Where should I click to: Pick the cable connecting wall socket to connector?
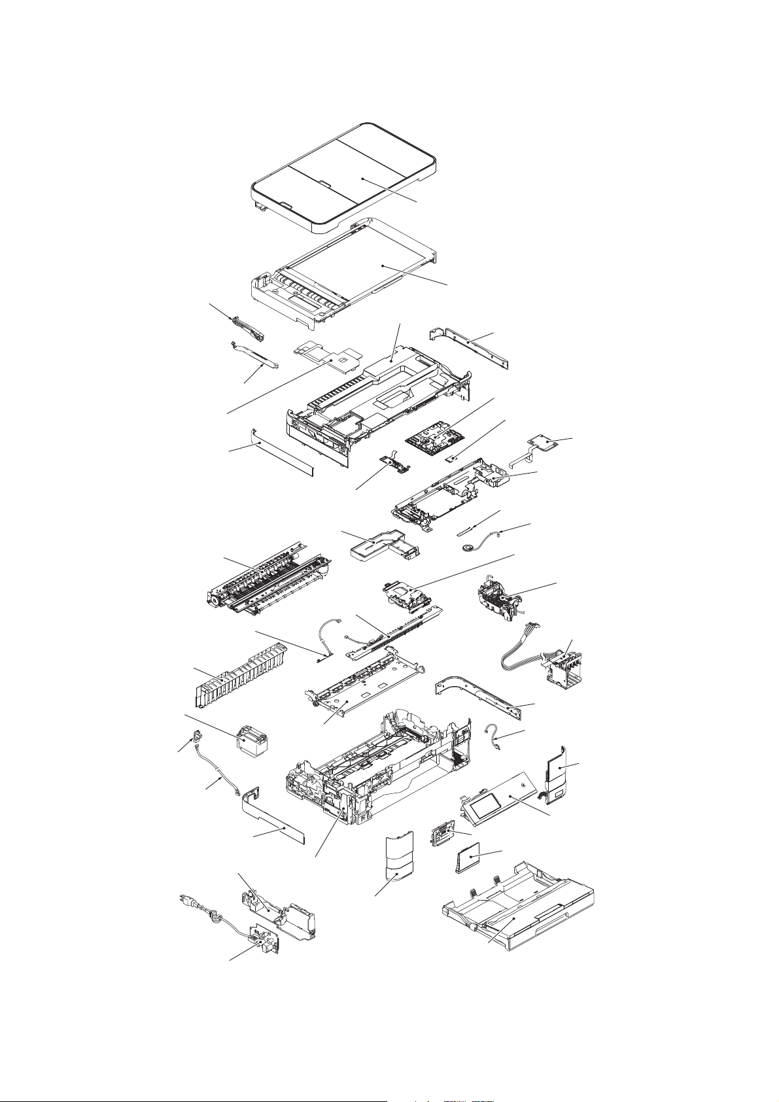point(216,778)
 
